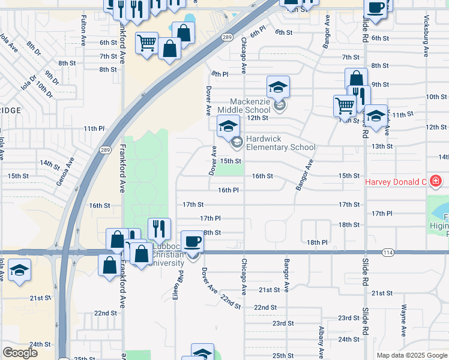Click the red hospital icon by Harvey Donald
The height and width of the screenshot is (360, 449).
(435, 181)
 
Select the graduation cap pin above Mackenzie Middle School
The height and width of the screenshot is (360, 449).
(278, 88)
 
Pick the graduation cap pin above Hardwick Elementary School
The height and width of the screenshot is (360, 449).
(228, 127)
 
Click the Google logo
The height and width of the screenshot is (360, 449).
(20, 353)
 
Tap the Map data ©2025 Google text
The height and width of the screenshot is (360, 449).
(412, 355)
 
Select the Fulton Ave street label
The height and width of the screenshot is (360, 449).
(83, 32)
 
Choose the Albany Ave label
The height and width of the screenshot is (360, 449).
(322, 340)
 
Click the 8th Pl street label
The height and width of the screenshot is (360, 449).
(220, 74)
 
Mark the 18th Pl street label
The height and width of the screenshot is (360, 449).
(317, 242)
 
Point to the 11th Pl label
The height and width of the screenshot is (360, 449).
(94, 128)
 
